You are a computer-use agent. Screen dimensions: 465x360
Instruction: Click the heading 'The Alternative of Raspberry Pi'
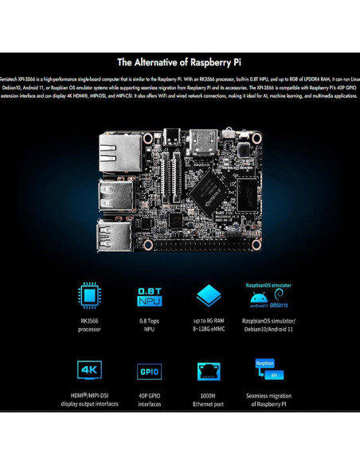[179, 62]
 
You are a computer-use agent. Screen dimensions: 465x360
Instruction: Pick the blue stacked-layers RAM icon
[208, 295]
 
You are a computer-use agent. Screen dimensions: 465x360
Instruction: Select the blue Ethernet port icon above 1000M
[208, 371]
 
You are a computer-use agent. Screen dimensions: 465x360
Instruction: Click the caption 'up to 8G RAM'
[208, 319]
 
